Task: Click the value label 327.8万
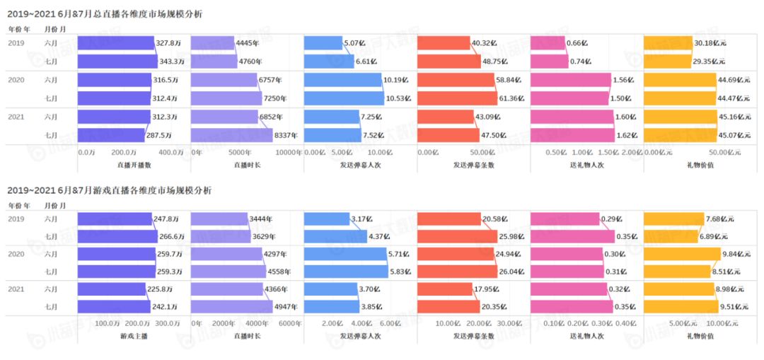pyautogui.click(x=167, y=43)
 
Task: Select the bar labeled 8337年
pyautogui.click(x=231, y=135)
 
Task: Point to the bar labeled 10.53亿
pyautogui.click(x=343, y=98)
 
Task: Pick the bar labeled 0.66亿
pyautogui.click(x=548, y=43)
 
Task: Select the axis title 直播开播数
pyautogui.click(x=134, y=164)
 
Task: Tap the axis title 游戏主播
pyautogui.click(x=134, y=335)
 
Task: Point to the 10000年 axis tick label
pyautogui.click(x=288, y=152)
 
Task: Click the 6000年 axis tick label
pyautogui.click(x=289, y=323)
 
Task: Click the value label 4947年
pyautogui.click(x=286, y=307)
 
